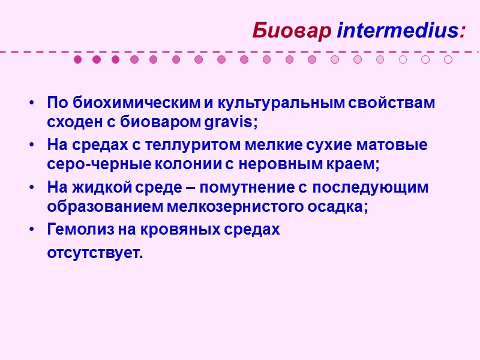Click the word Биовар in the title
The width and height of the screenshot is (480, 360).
[x=292, y=30]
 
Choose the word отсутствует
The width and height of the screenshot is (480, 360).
[x=95, y=253]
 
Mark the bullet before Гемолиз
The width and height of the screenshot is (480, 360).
[x=31, y=230]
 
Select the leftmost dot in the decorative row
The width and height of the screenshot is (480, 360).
[x=77, y=59]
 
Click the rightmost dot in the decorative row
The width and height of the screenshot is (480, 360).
[x=448, y=59]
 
